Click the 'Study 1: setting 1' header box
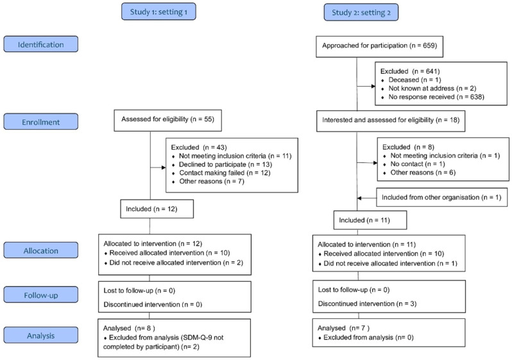[158, 12]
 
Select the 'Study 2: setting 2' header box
[361, 12]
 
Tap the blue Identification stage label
[41, 44]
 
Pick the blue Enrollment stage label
[41, 122]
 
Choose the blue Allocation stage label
[41, 250]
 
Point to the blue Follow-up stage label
[41, 295]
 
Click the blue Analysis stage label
[41, 335]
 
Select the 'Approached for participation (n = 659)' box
[379, 47]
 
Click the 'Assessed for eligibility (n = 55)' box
[168, 121]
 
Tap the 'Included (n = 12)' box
[157, 209]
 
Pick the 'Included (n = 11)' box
[370, 220]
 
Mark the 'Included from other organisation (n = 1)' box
[442, 197]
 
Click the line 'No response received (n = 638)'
[436, 97]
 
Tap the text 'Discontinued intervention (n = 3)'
[368, 304]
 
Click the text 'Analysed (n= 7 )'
[343, 328]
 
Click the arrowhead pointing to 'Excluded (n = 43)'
[164, 167]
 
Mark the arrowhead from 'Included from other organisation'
[359, 198]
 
